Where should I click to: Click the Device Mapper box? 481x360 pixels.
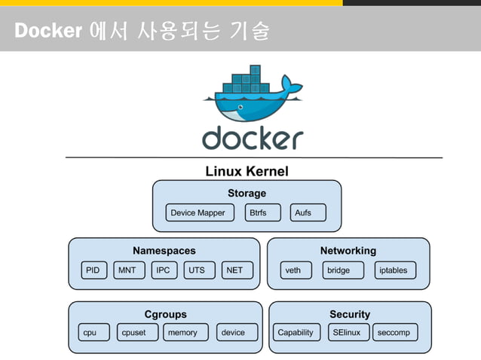[x=198, y=212]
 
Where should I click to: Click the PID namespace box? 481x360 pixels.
[x=93, y=270]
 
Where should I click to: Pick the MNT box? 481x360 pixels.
[x=127, y=270]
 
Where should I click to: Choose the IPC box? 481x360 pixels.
[x=162, y=270]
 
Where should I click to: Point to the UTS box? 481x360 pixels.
[x=197, y=270]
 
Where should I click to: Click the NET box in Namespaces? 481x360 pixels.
[x=234, y=270]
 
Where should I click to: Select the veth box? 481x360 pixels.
[x=293, y=270]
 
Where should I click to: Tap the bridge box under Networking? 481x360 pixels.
[x=339, y=270]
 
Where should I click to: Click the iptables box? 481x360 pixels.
[x=393, y=270]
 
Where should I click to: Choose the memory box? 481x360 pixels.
[x=182, y=332]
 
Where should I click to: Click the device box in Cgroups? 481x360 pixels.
[x=233, y=332]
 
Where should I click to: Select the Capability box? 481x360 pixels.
[x=296, y=332]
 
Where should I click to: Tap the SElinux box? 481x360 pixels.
[x=346, y=332]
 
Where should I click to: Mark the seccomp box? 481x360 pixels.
[x=394, y=332]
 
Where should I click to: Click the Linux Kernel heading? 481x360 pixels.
[x=247, y=171]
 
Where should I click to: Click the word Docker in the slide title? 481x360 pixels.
[x=47, y=32]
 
